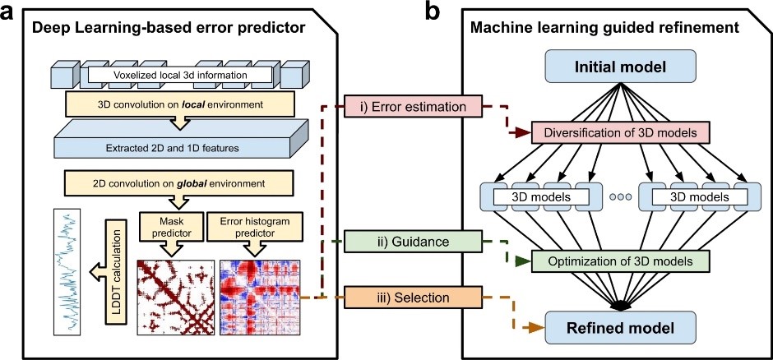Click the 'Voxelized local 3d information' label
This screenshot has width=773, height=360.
(x=179, y=76)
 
